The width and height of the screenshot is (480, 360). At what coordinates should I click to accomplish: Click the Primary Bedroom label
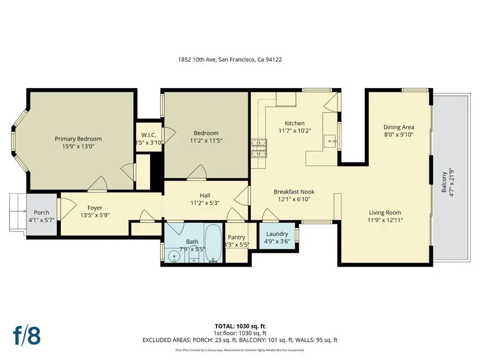point(78,139)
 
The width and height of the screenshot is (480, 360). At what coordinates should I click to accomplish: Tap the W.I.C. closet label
point(148,134)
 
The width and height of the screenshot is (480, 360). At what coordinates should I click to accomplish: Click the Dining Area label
point(399,127)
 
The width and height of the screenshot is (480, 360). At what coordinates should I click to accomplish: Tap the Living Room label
point(385,212)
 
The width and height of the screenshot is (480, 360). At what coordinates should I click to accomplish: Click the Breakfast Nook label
point(294,191)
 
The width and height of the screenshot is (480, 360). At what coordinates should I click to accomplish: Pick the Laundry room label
point(277,234)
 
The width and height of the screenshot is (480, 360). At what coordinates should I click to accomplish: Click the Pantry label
point(236,237)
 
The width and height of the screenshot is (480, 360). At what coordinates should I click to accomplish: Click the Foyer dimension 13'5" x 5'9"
point(95,215)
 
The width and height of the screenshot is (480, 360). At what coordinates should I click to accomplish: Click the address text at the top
point(230,60)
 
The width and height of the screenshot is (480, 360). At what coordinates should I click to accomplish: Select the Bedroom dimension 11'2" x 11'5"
point(206,141)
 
